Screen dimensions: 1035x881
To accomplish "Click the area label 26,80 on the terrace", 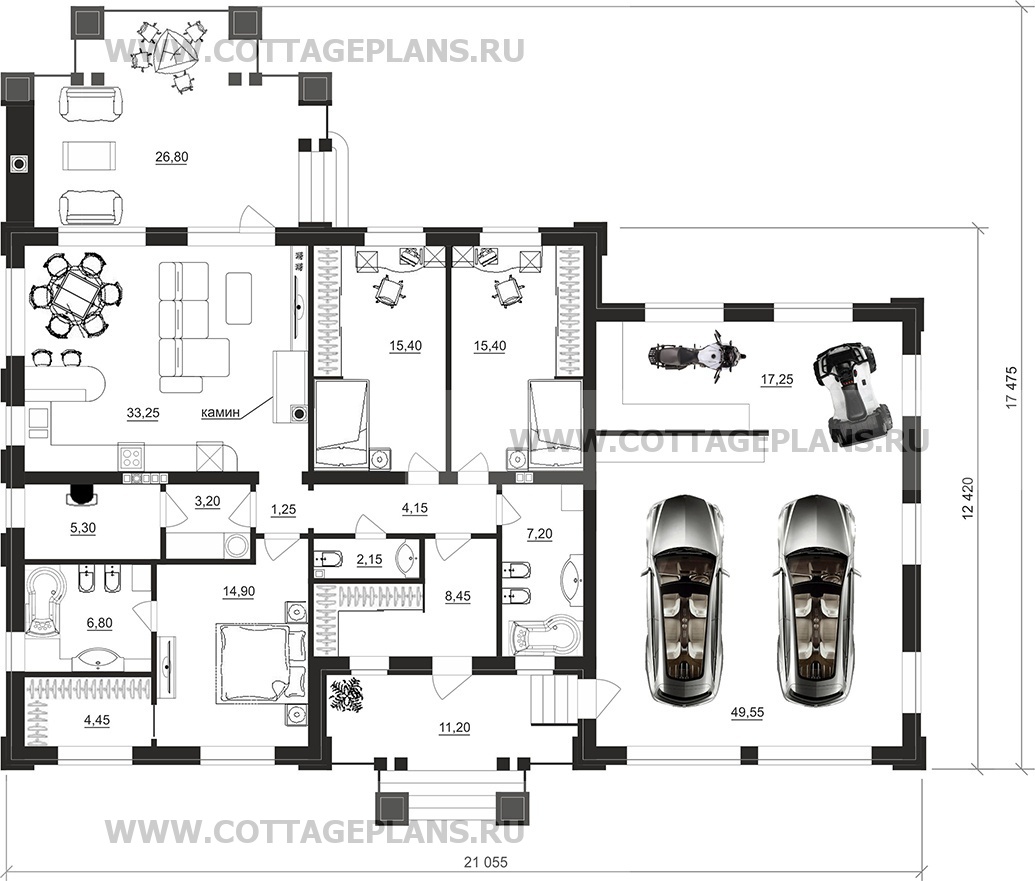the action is tap(172, 157).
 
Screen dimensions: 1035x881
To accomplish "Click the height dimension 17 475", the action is tap(1012, 388).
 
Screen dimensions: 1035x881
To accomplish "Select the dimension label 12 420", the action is tap(968, 496).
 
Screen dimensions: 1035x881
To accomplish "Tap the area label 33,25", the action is tap(143, 413).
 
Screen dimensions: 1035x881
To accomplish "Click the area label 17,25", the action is tap(777, 379).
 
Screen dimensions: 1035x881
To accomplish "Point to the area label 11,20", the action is tap(455, 728).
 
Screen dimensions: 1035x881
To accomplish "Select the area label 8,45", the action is tap(458, 596).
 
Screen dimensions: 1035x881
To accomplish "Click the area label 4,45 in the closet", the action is tap(97, 721).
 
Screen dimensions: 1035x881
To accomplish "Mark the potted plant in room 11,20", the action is tap(347, 696).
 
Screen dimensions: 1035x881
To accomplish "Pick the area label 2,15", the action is tap(369, 560).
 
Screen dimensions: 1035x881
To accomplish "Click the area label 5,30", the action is tap(83, 528).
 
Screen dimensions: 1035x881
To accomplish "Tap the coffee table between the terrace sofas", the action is tap(89, 157).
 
